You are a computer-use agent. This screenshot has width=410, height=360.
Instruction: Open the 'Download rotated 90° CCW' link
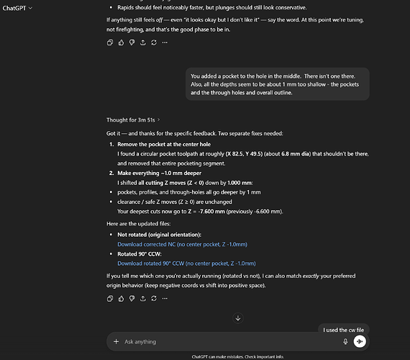click(186, 264)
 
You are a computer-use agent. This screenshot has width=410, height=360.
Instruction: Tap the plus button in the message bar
click(116, 341)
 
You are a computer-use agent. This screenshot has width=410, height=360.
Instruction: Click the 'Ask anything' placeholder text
click(140, 341)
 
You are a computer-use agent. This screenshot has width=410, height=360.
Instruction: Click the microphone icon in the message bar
click(345, 341)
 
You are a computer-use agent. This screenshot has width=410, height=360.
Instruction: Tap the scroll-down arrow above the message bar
click(238, 318)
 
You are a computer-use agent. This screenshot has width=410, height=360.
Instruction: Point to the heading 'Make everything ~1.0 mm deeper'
click(162, 174)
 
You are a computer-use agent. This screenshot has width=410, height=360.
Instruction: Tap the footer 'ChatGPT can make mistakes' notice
click(237, 356)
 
